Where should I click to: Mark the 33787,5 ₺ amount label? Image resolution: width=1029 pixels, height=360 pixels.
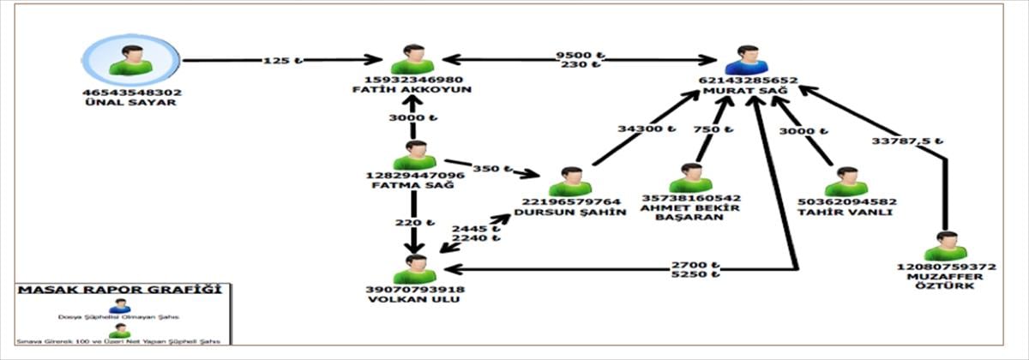point(907,141)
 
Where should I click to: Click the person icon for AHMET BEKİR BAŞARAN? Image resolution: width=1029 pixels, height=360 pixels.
point(690,179)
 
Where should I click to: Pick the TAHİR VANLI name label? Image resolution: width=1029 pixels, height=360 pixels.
point(845,212)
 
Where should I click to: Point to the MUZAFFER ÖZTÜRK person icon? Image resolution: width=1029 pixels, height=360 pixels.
point(946,247)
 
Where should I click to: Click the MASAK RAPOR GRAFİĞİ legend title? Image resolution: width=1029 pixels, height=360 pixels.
point(113,291)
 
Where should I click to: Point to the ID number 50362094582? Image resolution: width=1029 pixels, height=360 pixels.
point(845,201)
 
